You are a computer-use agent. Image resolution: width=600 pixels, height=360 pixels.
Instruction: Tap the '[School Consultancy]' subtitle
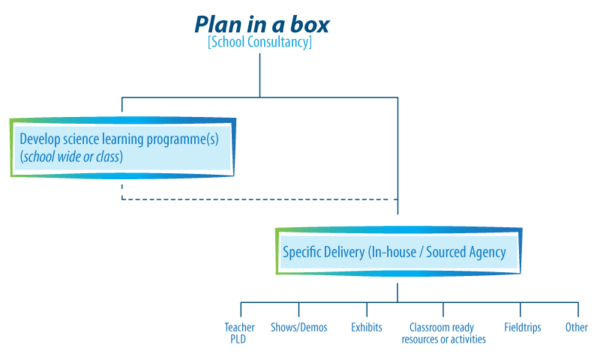(259, 43)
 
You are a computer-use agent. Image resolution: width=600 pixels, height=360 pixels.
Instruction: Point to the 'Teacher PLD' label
(239, 333)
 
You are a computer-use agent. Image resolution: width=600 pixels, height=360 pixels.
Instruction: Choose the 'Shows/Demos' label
(298, 328)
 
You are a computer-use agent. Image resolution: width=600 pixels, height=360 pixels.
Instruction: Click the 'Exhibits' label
(367, 328)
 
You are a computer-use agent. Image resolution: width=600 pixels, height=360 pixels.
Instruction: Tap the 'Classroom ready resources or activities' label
(443, 333)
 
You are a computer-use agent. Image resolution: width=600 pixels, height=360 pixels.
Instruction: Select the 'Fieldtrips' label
(522, 328)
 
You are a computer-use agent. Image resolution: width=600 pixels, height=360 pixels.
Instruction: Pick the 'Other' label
(576, 328)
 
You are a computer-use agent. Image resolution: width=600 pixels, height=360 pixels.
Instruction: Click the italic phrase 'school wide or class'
(70, 157)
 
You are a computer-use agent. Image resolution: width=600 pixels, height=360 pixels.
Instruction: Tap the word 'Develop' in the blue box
(39, 139)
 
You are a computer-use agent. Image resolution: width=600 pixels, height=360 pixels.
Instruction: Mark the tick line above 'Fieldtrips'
(520, 309)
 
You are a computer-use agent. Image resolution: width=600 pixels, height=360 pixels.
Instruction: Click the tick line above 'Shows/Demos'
(298, 309)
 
